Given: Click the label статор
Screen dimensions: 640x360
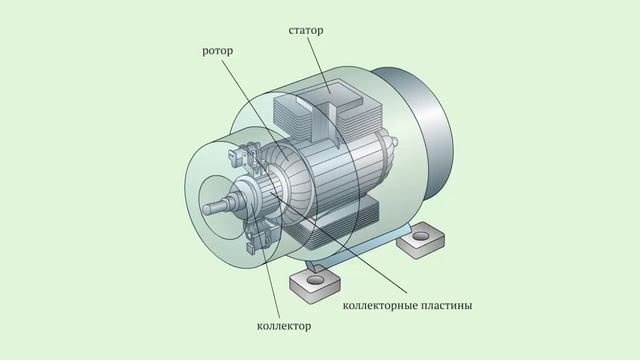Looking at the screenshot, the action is pyautogui.click(x=306, y=31).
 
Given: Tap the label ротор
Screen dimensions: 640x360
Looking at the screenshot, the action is pyautogui.click(x=218, y=51).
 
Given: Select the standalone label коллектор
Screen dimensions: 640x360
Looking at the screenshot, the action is pyautogui.click(x=284, y=326).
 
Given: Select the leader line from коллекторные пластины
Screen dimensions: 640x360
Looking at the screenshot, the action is pyautogui.click(x=338, y=242).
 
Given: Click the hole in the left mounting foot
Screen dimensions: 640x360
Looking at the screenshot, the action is pyautogui.click(x=315, y=280).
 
